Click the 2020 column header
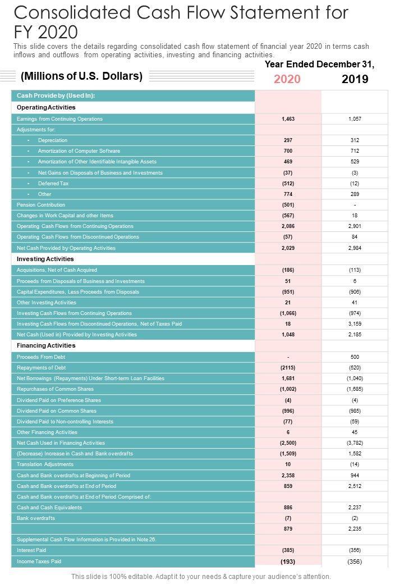pos(287,79)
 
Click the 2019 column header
pos(355,79)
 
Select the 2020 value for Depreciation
pos(288,140)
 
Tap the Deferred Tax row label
pos(49,184)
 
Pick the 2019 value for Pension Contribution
pos(355,205)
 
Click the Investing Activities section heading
pos(45,259)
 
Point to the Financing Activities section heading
pos(46,346)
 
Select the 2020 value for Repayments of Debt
pos(288,368)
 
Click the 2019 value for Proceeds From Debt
pos(355,357)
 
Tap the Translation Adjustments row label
pos(45,464)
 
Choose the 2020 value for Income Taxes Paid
pos(288,562)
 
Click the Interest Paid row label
pos(31,550)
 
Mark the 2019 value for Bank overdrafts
pos(355,518)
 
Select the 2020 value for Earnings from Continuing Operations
pos(288,119)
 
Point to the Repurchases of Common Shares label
pos(55,389)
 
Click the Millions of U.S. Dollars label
pos(81,76)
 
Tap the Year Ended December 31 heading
pos(319,65)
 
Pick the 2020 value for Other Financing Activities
pos(288,432)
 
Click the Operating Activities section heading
pos(46,107)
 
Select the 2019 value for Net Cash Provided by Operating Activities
pos(355,248)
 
